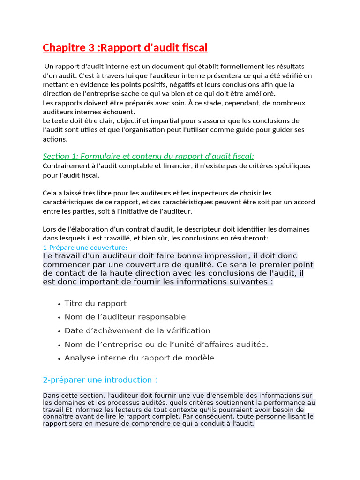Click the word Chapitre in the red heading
63,48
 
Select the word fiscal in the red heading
193,48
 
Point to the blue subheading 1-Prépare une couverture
85,247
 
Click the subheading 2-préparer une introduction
100,380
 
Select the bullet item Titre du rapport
96,304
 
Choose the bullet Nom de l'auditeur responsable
125,317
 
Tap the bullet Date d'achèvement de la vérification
137,331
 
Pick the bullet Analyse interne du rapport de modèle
139,358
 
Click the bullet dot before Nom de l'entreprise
59,345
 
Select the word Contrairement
65,166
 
